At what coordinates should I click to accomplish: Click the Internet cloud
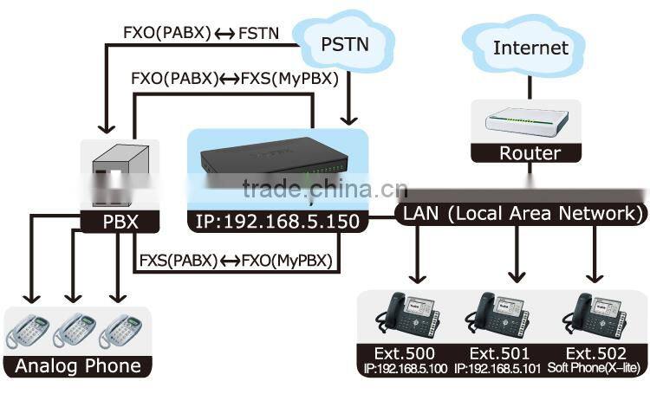tap(530, 48)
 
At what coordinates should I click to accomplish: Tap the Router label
tap(530, 153)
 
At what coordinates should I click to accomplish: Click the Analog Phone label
tap(78, 365)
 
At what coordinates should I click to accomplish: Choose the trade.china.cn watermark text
tap(318, 190)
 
